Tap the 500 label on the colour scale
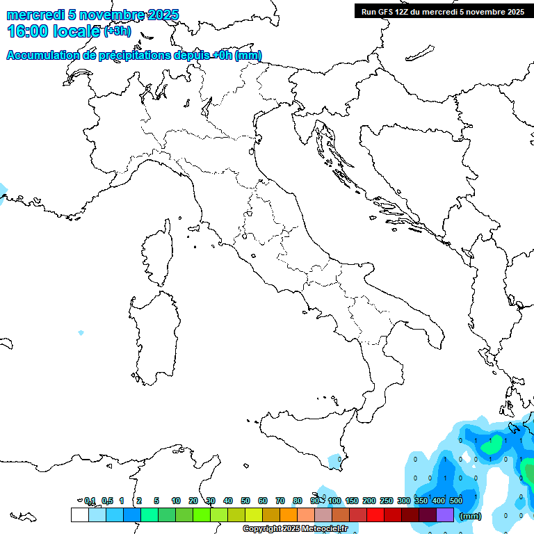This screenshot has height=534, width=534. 456,501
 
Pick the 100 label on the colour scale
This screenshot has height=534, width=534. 334,501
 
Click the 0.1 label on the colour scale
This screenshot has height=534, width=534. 90,501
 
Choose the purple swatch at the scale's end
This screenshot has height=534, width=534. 445,515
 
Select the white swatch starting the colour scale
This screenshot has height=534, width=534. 79,515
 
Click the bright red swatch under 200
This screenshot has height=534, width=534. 375,515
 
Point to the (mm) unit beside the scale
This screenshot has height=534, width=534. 471,516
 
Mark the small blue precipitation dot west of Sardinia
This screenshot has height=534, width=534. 81,333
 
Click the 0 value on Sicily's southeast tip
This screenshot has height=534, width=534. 339,459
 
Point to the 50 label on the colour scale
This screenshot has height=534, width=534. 245,501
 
